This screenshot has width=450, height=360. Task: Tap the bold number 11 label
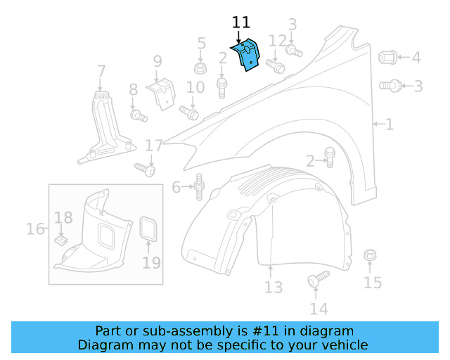[240, 24]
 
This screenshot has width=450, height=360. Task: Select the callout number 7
[101, 71]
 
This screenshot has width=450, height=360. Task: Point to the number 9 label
[157, 61]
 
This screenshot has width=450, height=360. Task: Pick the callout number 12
[278, 41]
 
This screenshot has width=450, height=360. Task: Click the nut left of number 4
[387, 57]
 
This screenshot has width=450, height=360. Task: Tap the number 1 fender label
[389, 124]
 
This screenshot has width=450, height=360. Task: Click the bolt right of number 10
[189, 111]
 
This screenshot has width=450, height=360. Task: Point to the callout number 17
[154, 146]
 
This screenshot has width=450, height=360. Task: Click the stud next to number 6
[199, 186]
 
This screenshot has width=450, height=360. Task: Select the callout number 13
[273, 287]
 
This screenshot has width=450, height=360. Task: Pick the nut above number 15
[370, 255]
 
